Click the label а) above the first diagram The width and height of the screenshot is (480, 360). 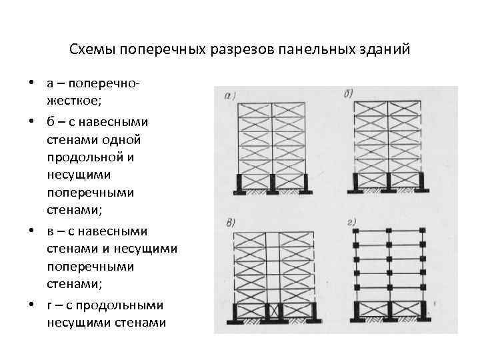click(230, 95)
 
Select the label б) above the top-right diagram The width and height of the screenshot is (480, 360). click(348, 93)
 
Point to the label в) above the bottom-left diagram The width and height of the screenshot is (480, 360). click(231, 222)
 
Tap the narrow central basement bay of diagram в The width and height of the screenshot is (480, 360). click(272, 311)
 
